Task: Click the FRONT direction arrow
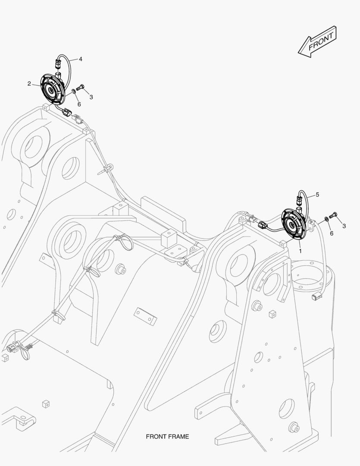coord(317,41)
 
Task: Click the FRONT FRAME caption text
coord(167,437)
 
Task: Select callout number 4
coord(80,59)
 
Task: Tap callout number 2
coord(29,84)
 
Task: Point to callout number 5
coord(317,195)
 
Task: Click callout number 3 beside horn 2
coord(91,97)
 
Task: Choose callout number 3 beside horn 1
coord(344,225)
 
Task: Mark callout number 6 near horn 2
coord(79,104)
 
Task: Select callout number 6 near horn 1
coord(331,233)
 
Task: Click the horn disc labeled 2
coord(53,89)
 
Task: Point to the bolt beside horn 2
coord(80,88)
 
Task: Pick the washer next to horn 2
coord(74,91)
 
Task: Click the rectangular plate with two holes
coord(145,316)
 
